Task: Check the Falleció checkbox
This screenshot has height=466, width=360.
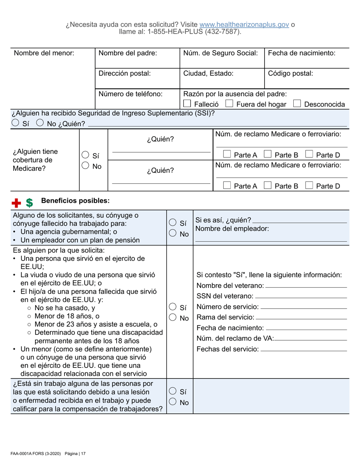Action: coord(187,104)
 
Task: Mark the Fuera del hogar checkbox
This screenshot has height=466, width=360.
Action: coord(229,104)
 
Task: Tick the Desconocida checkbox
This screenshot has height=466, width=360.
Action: coord(297,104)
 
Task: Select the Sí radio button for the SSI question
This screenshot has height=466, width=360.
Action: coord(16,123)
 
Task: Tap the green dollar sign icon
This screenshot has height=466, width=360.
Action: coord(29,203)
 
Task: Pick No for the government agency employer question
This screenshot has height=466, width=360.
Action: coord(172,234)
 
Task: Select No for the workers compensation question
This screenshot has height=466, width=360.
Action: coord(172,402)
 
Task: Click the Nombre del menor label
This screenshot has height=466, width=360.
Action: coord(44,53)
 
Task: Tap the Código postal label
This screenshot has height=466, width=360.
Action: coord(290,73)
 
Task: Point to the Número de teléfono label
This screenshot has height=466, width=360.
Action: coord(130,94)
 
